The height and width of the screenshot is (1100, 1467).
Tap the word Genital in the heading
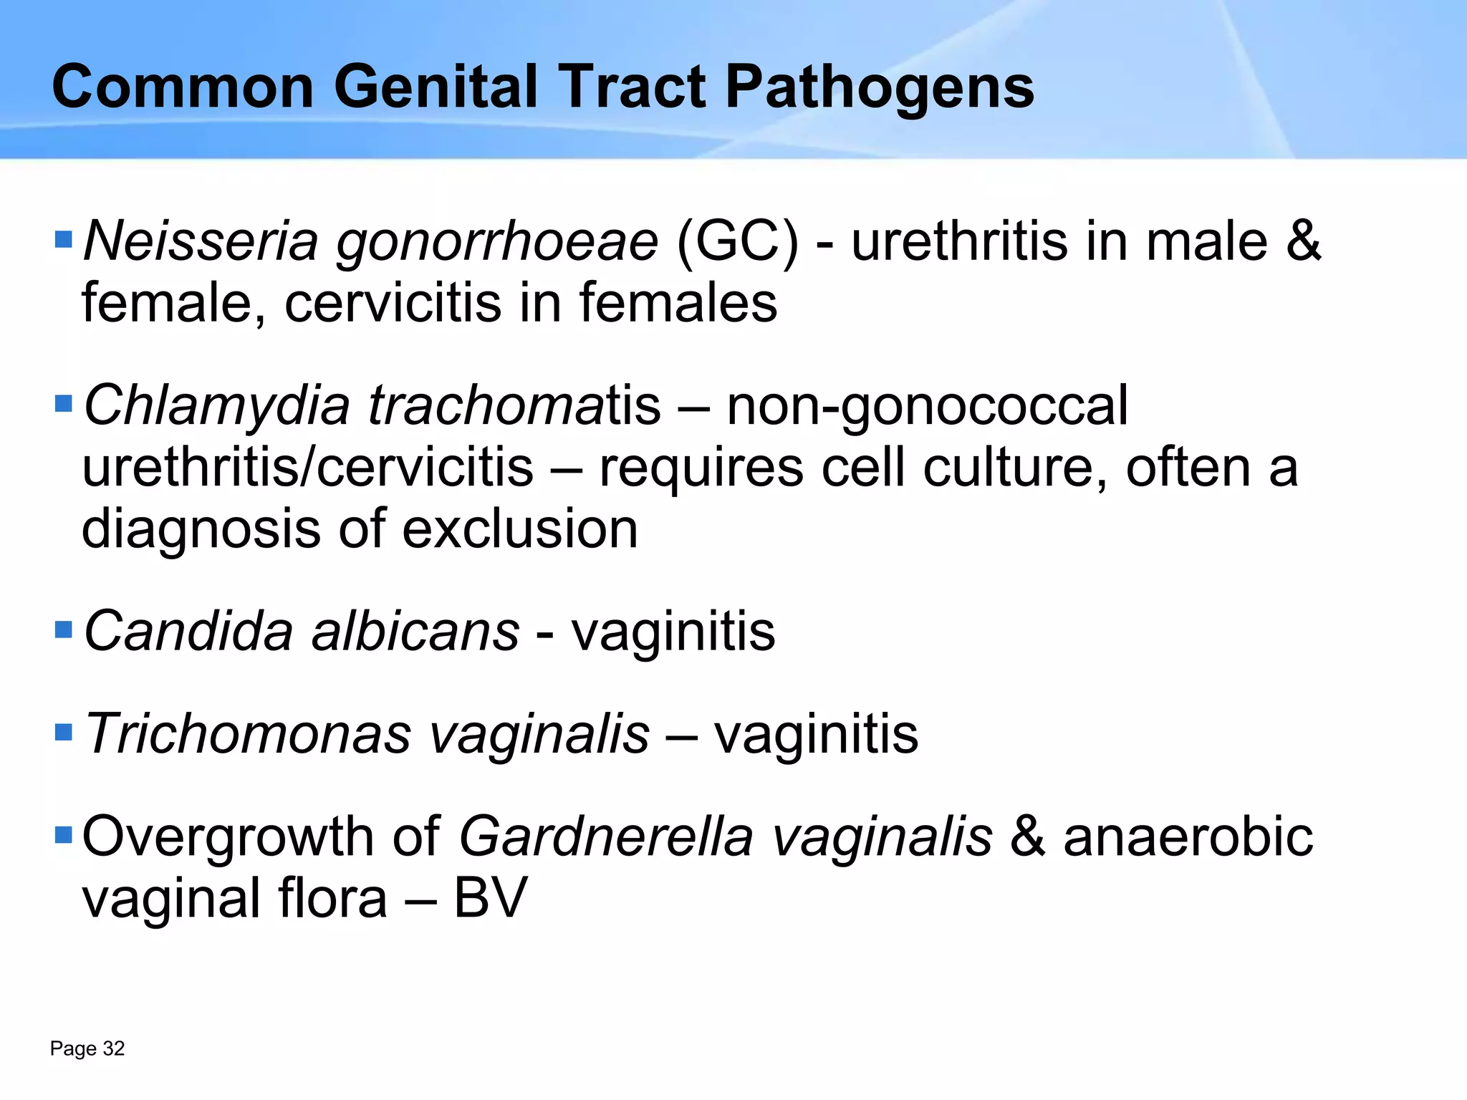point(436,87)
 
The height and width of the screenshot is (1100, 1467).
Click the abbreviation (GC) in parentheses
point(737,242)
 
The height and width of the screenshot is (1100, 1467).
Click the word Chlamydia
point(216,406)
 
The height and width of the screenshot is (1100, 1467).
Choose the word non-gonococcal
point(927,406)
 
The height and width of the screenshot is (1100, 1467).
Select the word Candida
point(188,632)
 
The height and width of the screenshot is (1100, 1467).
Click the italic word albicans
point(415,632)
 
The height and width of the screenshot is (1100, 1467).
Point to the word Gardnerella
point(606,836)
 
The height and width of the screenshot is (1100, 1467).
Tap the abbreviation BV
point(491,898)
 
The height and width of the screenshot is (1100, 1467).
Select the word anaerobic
point(1188,836)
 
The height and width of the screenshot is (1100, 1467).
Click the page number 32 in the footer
point(114,1048)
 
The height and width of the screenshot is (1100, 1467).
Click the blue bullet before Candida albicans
point(64,630)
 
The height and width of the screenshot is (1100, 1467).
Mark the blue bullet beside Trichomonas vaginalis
point(64,733)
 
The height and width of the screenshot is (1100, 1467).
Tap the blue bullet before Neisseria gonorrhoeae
point(64,240)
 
